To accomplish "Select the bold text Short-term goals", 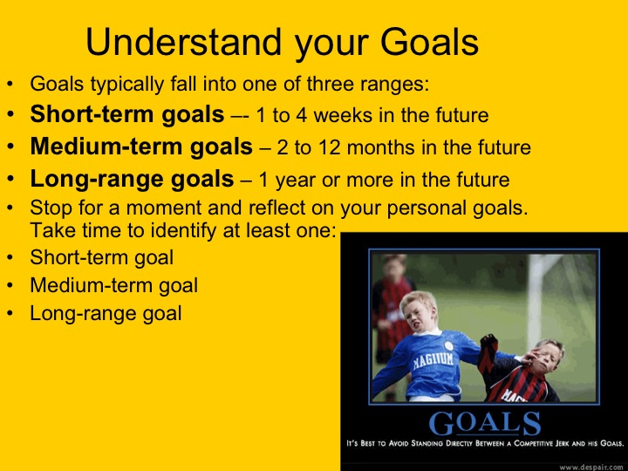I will (x=127, y=114).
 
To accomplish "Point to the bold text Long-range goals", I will (x=132, y=180).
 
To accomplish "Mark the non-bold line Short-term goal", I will (x=101, y=257).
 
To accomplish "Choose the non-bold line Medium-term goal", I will (x=113, y=285).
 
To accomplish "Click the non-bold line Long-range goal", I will (x=106, y=313).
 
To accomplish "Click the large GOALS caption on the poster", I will (x=484, y=423).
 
